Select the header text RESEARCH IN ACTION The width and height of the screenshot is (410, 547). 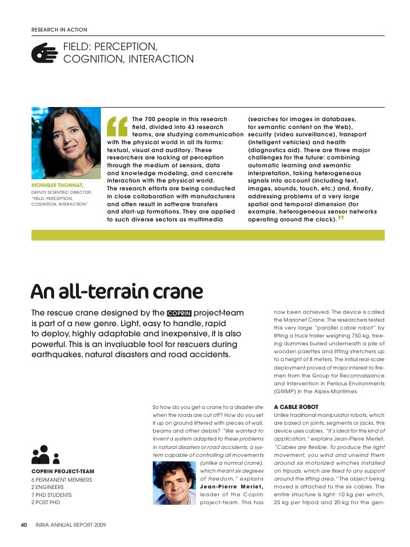59,29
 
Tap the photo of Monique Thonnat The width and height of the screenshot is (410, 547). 66,143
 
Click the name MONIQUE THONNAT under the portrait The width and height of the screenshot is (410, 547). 57,185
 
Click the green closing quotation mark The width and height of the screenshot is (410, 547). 342,217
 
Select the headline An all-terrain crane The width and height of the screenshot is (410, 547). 116,291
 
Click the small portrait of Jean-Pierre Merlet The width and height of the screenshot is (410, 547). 175,483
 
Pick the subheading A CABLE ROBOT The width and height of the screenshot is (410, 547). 296,407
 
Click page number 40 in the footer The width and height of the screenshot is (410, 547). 24,525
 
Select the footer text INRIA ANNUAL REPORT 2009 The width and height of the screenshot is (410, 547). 70,525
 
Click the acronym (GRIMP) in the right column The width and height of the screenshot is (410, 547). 288,391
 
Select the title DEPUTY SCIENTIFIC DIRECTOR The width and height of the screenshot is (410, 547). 61,192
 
